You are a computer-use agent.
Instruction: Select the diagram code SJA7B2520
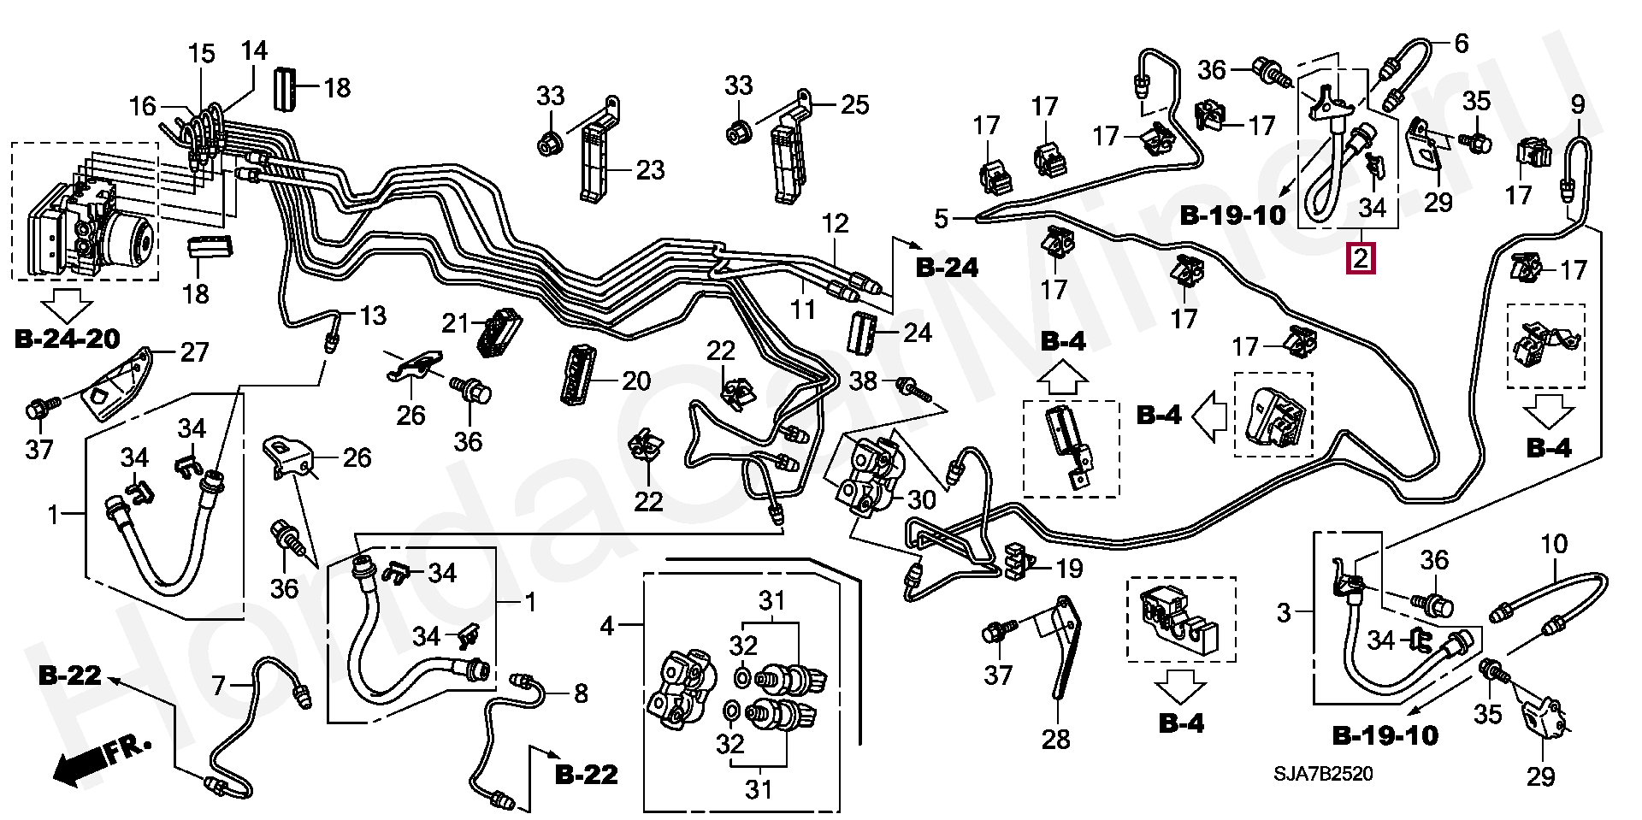tap(1324, 774)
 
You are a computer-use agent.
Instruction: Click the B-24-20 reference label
tap(67, 339)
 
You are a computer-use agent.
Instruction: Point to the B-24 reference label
tap(947, 268)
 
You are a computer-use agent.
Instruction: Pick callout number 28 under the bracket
tap(1056, 738)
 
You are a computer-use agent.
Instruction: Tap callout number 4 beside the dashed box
tap(606, 627)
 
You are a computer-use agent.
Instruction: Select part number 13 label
tap(373, 316)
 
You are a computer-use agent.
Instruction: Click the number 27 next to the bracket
tap(195, 351)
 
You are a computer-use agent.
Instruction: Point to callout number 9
tap(1577, 105)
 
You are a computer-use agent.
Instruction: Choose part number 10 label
tap(1554, 544)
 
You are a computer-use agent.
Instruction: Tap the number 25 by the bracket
tap(854, 105)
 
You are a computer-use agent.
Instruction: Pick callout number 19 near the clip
tap(1069, 568)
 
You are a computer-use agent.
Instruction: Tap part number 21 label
tap(456, 324)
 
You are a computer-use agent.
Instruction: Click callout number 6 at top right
tap(1461, 43)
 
